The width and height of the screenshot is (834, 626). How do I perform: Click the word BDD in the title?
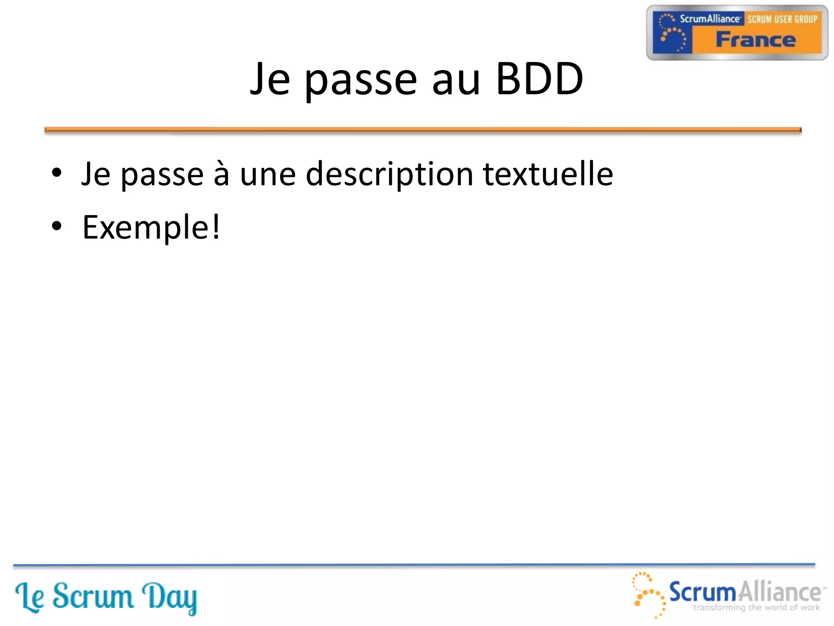coord(540,79)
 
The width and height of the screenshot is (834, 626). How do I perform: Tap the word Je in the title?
coord(270,79)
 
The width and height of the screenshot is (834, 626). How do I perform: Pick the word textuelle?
coord(548,174)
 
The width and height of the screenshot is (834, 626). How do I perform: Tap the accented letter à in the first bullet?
coord(222,174)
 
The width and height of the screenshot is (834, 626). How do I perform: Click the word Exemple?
coord(151,227)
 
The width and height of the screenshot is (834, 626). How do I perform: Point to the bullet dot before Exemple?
coord(57,226)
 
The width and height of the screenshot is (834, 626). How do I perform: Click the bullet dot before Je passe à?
coord(57,173)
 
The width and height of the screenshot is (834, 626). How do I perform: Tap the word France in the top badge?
coord(756,40)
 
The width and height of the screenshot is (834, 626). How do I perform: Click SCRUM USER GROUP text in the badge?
coord(782,19)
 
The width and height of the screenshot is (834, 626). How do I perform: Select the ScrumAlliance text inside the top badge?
coord(709,19)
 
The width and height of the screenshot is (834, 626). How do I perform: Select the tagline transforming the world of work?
coord(757,608)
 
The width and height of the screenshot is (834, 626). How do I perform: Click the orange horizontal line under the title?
coord(423,130)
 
